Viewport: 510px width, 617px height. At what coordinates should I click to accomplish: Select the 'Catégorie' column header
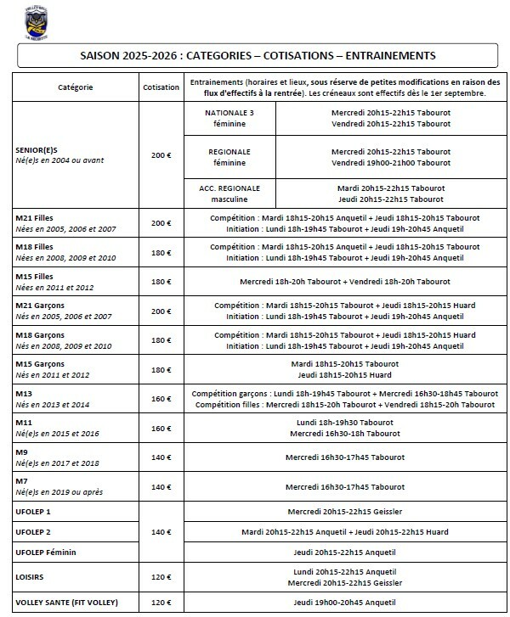pyautogui.click(x=75, y=87)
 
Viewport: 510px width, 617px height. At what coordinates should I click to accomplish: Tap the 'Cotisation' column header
pyautogui.click(x=161, y=87)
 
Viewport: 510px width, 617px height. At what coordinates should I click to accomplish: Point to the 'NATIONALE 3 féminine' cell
pyautogui.click(x=229, y=117)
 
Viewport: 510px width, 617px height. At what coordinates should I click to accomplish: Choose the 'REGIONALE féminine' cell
pyautogui.click(x=229, y=157)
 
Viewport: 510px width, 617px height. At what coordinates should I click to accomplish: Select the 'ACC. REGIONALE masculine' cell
pyautogui.click(x=229, y=193)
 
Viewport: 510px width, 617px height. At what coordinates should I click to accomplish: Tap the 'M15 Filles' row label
pyautogui.click(x=35, y=277)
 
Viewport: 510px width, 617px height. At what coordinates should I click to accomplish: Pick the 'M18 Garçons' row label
pyautogui.click(x=39, y=335)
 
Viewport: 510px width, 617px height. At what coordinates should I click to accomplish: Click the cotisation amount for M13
pyautogui.click(x=161, y=399)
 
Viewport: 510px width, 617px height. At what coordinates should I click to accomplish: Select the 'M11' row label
pyautogui.click(x=23, y=423)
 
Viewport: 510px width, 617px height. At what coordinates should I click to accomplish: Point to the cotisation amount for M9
pyautogui.click(x=161, y=457)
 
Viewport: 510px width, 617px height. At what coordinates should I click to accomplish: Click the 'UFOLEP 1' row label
pyautogui.click(x=33, y=512)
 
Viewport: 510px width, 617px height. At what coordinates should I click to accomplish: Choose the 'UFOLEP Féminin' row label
pyautogui.click(x=45, y=552)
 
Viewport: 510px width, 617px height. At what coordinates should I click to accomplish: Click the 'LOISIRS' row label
pyautogui.click(x=30, y=576)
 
